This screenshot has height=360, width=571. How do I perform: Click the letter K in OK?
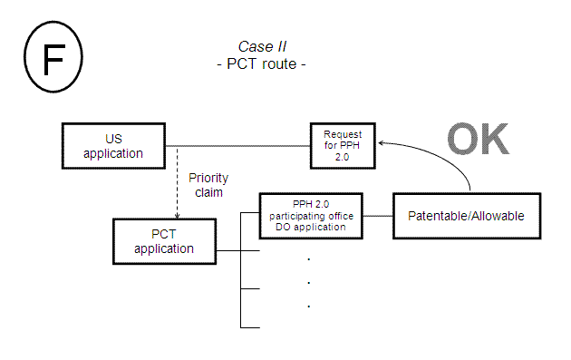coord(492,141)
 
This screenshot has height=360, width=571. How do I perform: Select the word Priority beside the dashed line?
coord(208,178)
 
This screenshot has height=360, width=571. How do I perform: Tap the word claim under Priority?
coord(208,192)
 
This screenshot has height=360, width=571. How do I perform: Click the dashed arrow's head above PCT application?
coord(177,216)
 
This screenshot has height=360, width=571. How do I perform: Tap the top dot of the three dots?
coord(309,259)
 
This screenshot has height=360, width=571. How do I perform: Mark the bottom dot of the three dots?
coord(309,306)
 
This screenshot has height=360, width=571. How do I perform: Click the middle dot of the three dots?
coord(309,282)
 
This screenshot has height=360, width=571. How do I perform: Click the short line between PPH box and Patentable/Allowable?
coord(379,216)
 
